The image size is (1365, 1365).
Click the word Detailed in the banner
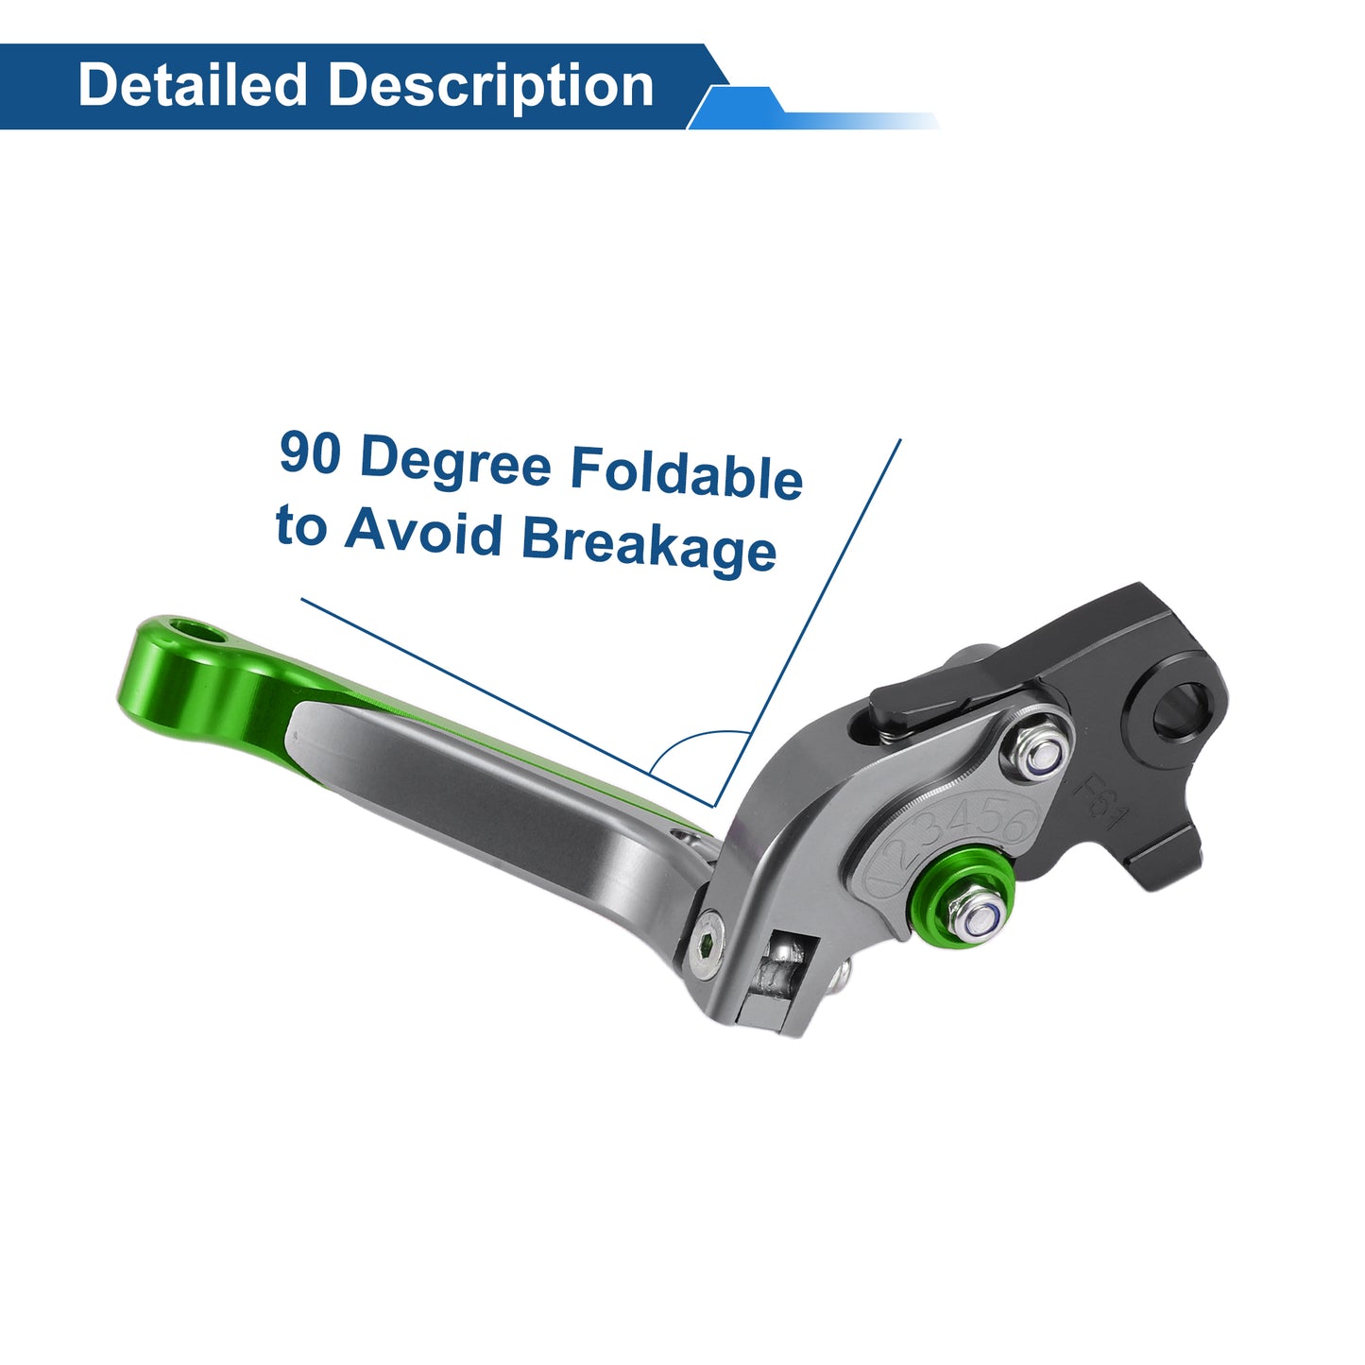(x=192, y=84)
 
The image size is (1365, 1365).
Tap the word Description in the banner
(x=490, y=87)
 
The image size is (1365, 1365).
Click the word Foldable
(x=687, y=472)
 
